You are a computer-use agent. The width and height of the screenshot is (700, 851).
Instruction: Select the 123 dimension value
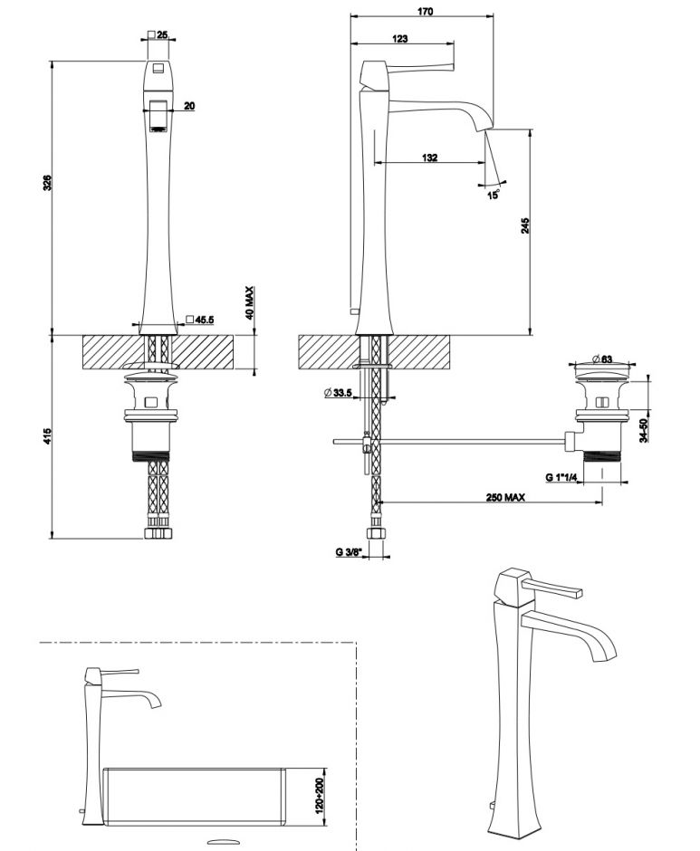(x=400, y=38)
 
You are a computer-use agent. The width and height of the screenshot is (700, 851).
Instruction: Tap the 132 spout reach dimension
(x=429, y=158)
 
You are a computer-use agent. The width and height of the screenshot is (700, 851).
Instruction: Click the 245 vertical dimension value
(x=525, y=227)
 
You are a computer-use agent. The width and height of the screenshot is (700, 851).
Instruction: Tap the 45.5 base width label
(x=204, y=319)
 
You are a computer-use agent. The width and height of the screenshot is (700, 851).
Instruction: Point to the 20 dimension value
(x=188, y=106)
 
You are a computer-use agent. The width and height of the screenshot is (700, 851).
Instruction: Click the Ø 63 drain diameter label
(x=601, y=359)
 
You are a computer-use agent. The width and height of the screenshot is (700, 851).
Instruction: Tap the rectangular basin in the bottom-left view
(x=195, y=795)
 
